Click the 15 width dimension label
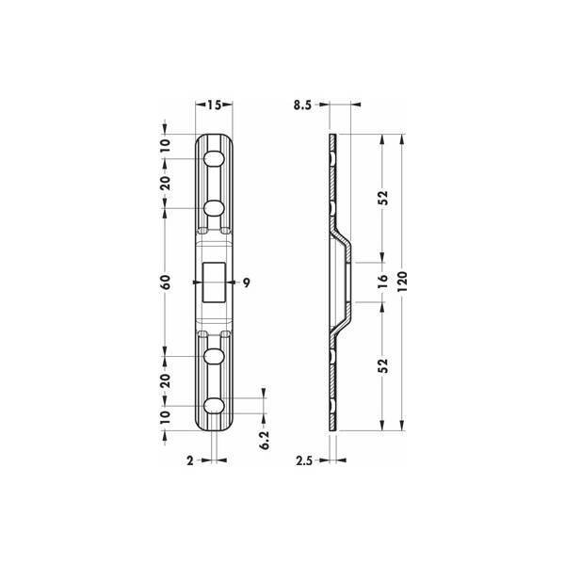pyautogui.click(x=214, y=105)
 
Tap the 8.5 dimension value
pyautogui.click(x=302, y=105)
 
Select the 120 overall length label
pyautogui.click(x=402, y=282)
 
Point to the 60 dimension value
pyautogui.click(x=166, y=282)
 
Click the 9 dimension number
pyautogui.click(x=246, y=282)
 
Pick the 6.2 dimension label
pyautogui.click(x=265, y=440)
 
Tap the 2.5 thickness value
pyautogui.click(x=304, y=460)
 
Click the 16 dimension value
pyautogui.click(x=383, y=282)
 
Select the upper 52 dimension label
pyautogui.click(x=383, y=198)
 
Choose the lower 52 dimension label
pyautogui.click(x=383, y=365)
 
